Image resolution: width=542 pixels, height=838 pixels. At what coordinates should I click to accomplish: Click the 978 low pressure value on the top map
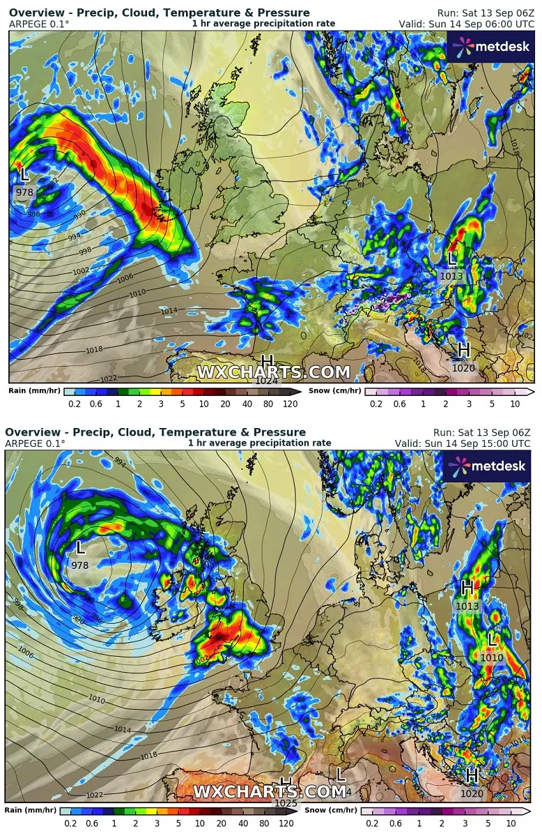(x=24, y=192)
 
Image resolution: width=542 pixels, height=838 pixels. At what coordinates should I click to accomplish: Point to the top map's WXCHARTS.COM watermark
(x=273, y=372)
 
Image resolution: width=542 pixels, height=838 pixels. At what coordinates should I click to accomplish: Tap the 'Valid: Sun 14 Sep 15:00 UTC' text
(x=463, y=443)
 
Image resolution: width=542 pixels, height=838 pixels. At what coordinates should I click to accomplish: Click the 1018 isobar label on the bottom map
(x=148, y=756)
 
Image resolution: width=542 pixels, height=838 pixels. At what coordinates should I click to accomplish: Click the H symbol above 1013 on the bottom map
(x=467, y=588)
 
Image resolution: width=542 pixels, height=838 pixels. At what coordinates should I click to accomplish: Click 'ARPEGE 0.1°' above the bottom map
(x=35, y=443)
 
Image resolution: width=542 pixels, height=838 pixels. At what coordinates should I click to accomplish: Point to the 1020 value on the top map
(x=463, y=368)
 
